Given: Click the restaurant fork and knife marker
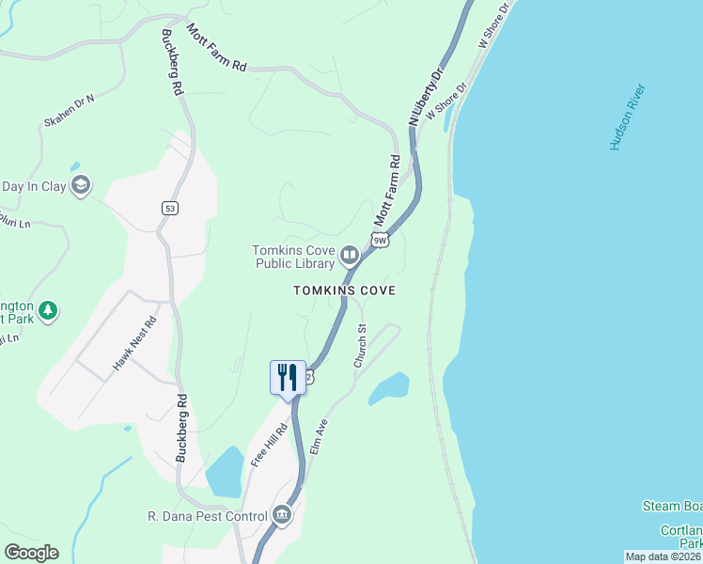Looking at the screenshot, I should tap(288, 377).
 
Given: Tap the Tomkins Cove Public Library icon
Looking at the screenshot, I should tap(350, 255).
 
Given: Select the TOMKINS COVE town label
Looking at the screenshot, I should tap(343, 290).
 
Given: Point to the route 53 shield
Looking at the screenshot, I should tap(169, 208).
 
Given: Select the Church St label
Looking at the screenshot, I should tap(360, 345).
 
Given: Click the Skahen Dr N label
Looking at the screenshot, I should tap(70, 110).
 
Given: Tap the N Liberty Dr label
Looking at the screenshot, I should tap(425, 97).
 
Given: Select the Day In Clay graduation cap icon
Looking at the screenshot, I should tap(81, 185).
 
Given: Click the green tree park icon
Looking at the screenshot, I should tap(48, 309).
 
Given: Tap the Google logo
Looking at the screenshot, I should tap(31, 553).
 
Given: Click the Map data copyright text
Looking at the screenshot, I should tap(663, 556).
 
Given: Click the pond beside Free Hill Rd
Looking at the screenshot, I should tap(224, 472).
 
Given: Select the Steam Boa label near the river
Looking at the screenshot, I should tap(672, 506).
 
